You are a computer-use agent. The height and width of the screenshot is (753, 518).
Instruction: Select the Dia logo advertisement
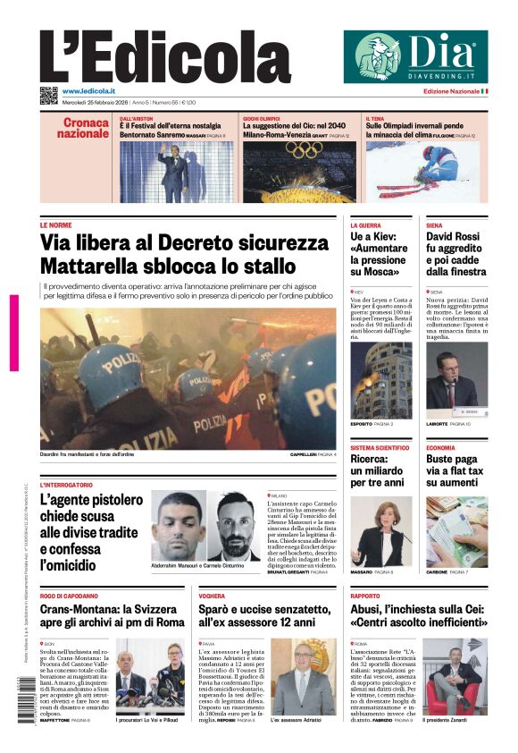tap(415, 56)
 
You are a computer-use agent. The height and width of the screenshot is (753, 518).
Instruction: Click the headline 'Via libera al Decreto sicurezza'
tap(185, 243)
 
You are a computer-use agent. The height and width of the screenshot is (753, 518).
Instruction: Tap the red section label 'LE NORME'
tap(56, 225)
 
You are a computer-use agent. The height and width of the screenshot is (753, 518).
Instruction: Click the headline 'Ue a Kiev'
tap(379, 254)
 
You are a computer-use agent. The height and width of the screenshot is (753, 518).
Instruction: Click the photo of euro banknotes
tap(456, 532)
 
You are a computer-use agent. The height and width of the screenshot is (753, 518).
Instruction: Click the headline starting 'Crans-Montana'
tap(113, 615)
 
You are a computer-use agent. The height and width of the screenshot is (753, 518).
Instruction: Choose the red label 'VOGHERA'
tap(212, 596)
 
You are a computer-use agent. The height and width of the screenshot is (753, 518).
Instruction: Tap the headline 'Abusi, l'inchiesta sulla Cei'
tap(419, 615)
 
